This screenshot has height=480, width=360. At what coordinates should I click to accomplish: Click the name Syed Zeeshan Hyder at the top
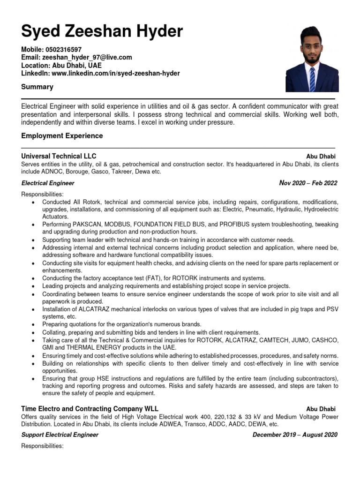click(102, 31)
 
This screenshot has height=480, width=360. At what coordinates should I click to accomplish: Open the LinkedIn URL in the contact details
click(115, 74)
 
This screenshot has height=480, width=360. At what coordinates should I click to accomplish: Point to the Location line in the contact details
click(61, 66)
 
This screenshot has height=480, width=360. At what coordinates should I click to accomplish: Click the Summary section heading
click(37, 87)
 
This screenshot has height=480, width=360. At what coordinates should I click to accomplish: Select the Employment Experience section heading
click(62, 136)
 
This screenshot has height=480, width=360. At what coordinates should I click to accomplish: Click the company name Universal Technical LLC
click(59, 156)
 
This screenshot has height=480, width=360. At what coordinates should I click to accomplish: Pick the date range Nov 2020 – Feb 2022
click(308, 183)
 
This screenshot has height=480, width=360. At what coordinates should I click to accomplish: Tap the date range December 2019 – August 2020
click(295, 435)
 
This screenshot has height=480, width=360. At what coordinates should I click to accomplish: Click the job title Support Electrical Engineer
click(60, 435)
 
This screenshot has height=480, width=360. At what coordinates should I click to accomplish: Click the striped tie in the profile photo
click(312, 78)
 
